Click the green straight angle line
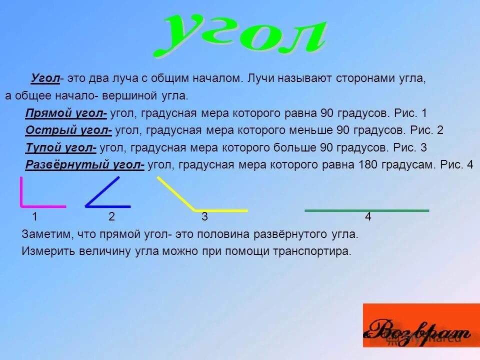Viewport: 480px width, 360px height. tap(366, 210)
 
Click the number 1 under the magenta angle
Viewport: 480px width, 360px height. tap(34, 217)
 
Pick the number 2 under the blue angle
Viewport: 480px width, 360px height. tap(111, 217)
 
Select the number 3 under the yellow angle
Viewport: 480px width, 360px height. tap(204, 217)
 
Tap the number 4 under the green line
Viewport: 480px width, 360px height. tap(367, 217)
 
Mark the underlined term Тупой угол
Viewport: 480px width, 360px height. tap(61, 147)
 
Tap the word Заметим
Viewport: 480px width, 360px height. tap(43, 234)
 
